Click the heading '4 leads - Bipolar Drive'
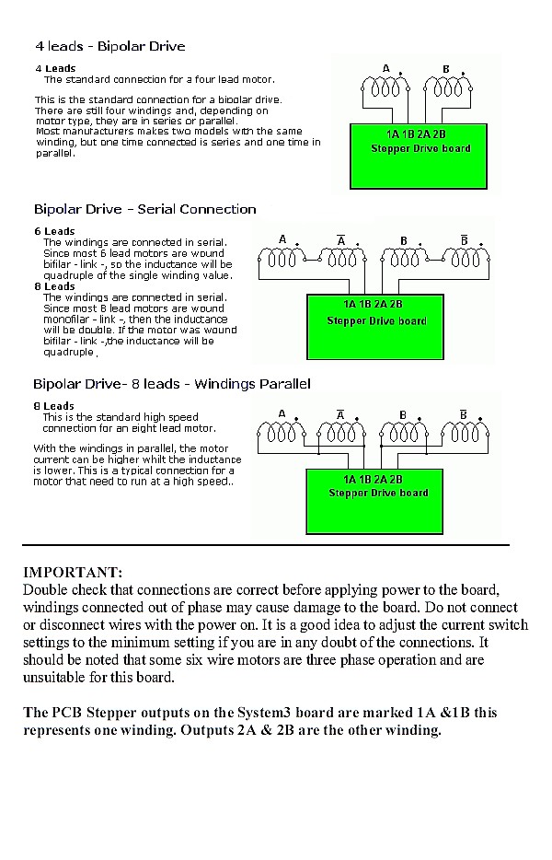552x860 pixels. coord(109,46)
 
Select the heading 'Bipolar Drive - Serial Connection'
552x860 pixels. coord(144,209)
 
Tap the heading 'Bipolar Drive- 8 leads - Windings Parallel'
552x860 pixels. coord(172,383)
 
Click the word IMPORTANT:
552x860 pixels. coord(72,573)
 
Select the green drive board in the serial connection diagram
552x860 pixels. coord(376,327)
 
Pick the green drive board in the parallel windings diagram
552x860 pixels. coord(378,500)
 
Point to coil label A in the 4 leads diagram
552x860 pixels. coord(386,69)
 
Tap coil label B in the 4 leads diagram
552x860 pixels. coord(446,69)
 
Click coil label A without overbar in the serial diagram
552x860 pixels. coord(282,240)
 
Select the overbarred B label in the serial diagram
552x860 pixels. coord(465,240)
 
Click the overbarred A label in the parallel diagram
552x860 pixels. coord(340,414)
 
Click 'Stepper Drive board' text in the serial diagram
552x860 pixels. coord(376,321)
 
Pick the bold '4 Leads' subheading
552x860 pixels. coord(55,68)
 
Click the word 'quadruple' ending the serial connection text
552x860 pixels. coord(69,352)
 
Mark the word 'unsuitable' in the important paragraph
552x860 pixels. coord(57,678)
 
